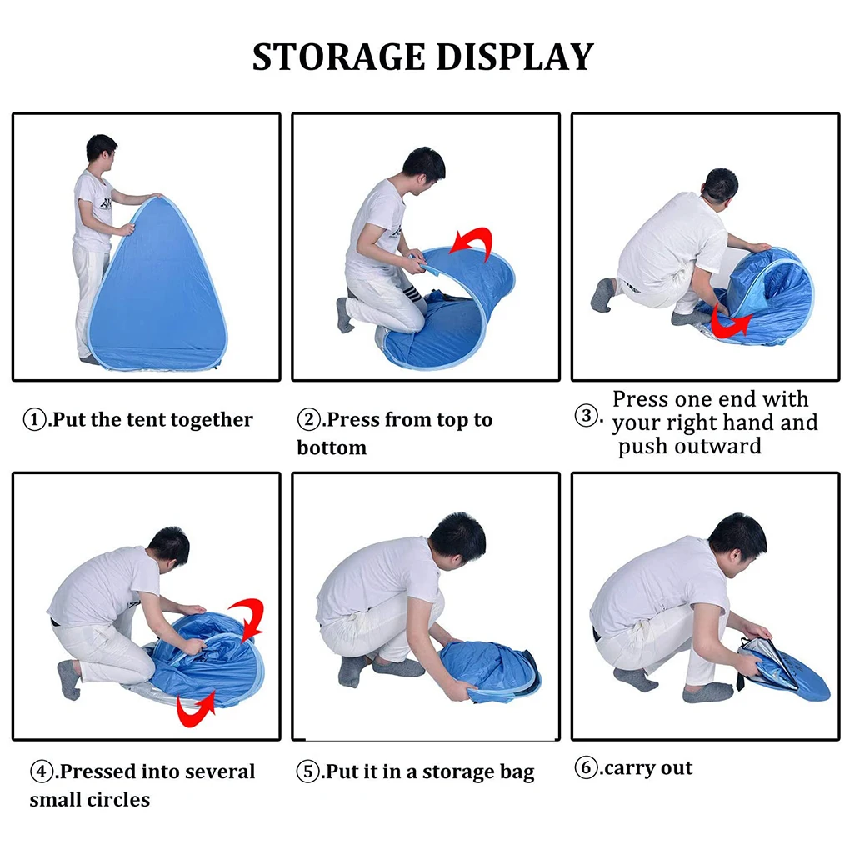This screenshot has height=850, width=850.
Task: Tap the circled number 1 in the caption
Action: tap(35, 419)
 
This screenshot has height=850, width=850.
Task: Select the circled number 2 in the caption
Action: tap(308, 419)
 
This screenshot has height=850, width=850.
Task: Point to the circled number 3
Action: tap(586, 416)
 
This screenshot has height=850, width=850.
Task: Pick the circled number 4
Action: tap(41, 772)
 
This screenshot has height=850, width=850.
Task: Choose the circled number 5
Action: tap(307, 772)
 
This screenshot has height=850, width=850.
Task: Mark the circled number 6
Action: tap(586, 767)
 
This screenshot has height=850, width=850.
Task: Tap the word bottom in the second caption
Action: tap(332, 447)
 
